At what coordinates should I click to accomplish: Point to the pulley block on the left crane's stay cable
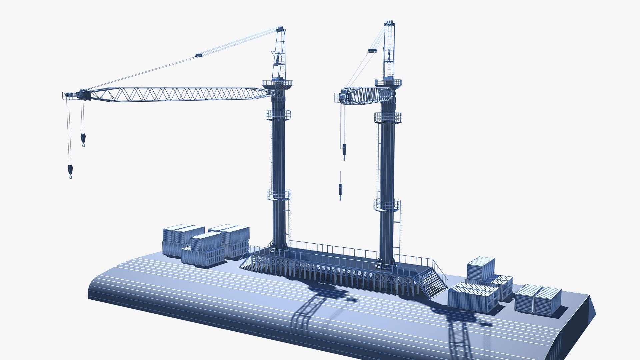198,56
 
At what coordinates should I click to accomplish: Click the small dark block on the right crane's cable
372,51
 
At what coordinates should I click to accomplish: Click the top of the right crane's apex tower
389,23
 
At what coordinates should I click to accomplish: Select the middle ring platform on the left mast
278,115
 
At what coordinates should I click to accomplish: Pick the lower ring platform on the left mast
279,194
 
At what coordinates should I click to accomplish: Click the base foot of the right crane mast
386,265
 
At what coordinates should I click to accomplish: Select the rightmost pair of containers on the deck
538,300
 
